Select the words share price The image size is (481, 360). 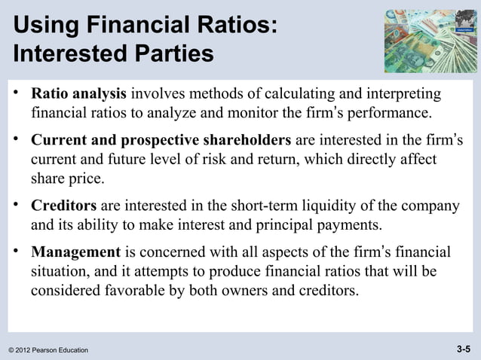pos(66,180)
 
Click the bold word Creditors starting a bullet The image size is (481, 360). pos(63,206)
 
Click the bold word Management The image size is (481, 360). pos(75,252)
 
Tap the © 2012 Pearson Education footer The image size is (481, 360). pos(48,350)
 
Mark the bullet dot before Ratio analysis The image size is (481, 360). pos(15,94)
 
